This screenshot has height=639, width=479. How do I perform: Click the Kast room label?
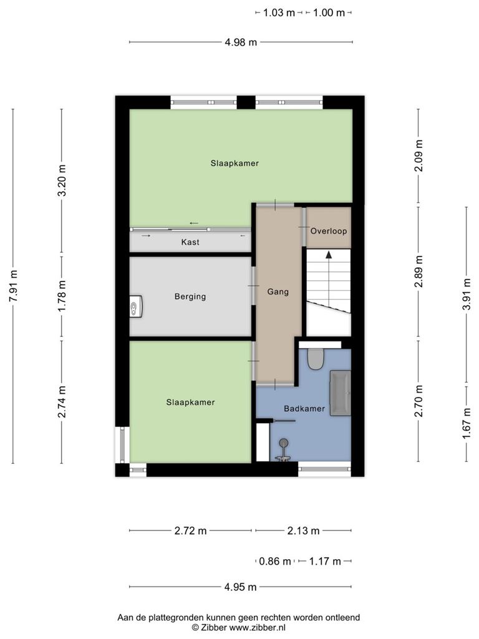[190, 242]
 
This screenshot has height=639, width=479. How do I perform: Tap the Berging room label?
[190, 296]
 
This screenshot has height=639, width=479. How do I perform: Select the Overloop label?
[329, 231]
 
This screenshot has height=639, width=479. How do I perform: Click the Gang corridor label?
[278, 292]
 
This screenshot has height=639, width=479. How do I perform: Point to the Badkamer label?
[304, 408]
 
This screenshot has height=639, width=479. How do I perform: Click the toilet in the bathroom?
[315, 359]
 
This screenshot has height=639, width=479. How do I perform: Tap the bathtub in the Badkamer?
[340, 393]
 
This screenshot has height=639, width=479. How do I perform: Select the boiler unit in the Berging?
[135, 306]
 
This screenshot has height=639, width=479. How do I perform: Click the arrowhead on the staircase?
[328, 255]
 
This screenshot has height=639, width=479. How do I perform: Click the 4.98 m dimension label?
[241, 42]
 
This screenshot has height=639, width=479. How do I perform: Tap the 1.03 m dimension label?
[279, 12]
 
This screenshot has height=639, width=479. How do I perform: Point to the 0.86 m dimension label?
[275, 561]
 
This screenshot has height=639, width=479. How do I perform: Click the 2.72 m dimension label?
[191, 530]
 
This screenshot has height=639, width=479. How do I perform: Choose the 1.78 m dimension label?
[62, 296]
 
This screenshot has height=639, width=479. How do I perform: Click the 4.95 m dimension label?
[240, 587]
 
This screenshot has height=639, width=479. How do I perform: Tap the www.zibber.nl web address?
[258, 628]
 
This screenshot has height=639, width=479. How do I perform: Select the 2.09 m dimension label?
[419, 155]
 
